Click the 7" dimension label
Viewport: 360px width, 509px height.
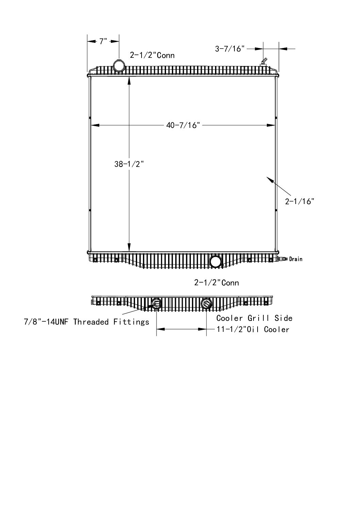pyautogui.click(x=103, y=41)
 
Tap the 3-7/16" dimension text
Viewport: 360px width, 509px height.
pyautogui.click(x=230, y=49)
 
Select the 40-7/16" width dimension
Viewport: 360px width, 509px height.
pyautogui.click(x=183, y=125)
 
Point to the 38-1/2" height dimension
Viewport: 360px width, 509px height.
pyautogui.click(x=129, y=164)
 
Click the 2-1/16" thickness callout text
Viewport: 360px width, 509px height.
pyautogui.click(x=300, y=201)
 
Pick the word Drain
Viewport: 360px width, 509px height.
pyautogui.click(x=296, y=259)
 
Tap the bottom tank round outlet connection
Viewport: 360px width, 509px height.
pyautogui.click(x=216, y=261)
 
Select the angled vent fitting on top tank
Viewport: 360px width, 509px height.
pyautogui.click(x=264, y=62)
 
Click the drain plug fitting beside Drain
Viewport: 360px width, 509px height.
pyautogui.click(x=282, y=259)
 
